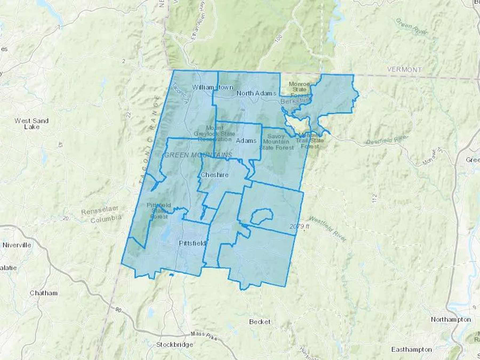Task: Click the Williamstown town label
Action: click(x=213, y=87)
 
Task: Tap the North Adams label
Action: click(x=256, y=93)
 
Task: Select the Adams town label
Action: click(x=246, y=141)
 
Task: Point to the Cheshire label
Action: click(x=214, y=175)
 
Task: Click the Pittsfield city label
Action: click(x=192, y=243)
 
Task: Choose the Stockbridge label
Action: click(x=174, y=345)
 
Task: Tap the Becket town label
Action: click(x=260, y=322)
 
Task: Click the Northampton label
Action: click(x=451, y=319)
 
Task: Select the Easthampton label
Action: click(x=411, y=349)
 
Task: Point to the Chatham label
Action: click(x=43, y=293)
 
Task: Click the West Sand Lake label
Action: click(x=31, y=124)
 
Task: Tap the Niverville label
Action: click(x=17, y=245)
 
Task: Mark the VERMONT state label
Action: click(x=404, y=70)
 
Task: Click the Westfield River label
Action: click(x=328, y=229)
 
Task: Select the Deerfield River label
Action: click(x=387, y=140)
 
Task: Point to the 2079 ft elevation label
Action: click(x=299, y=226)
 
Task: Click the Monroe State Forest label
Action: click(x=299, y=89)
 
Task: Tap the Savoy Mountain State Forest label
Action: click(x=276, y=142)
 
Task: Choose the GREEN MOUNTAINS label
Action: click(x=198, y=155)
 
